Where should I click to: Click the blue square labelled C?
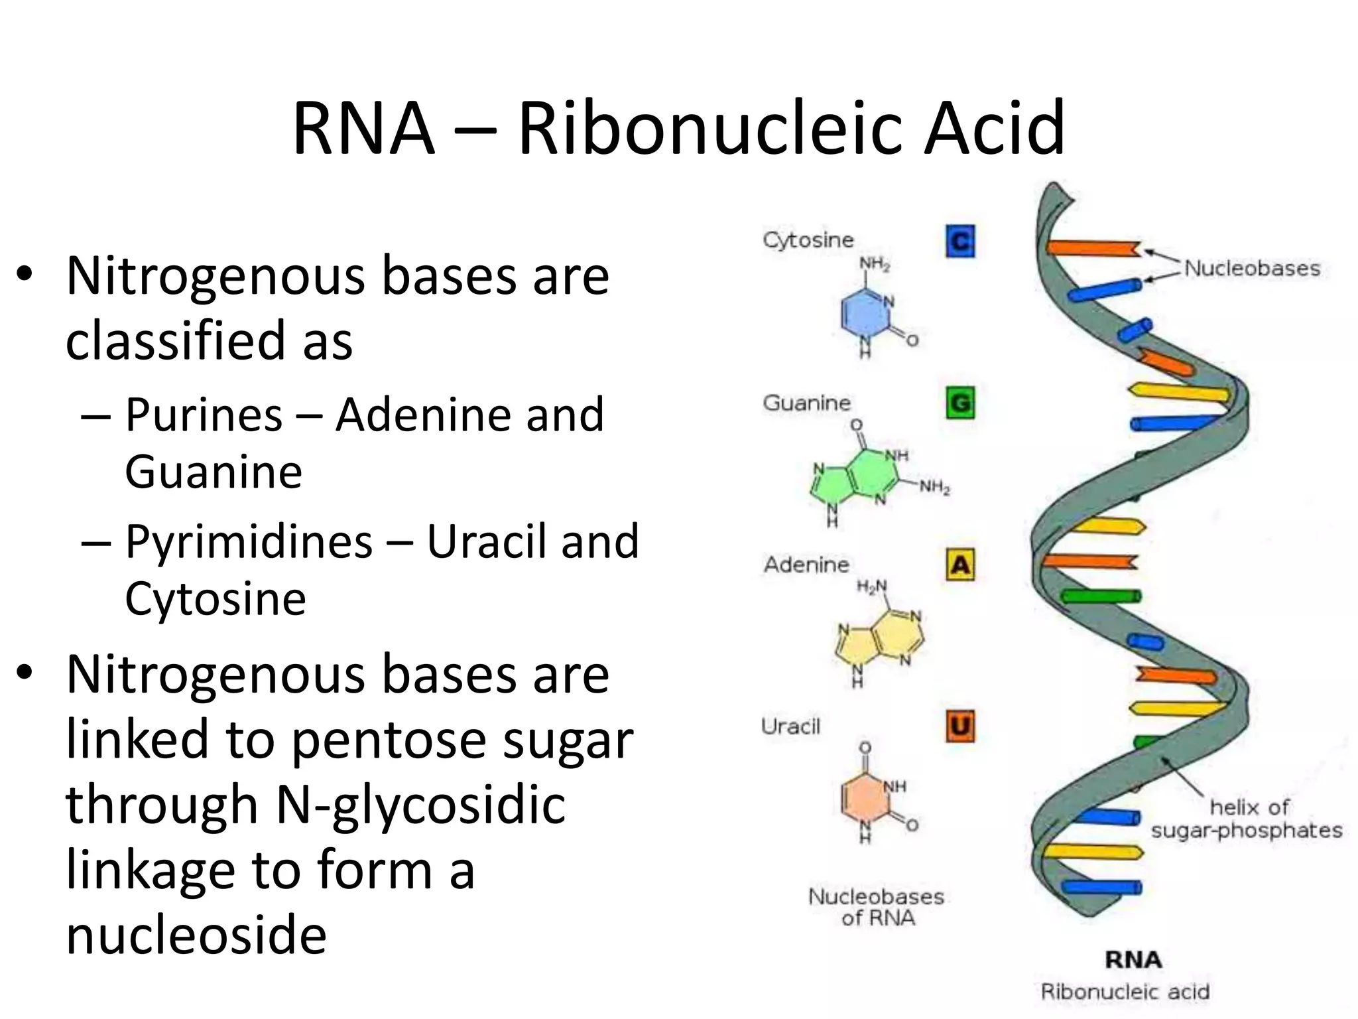tap(960, 241)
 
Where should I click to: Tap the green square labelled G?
tap(960, 403)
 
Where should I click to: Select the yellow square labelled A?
tap(960, 565)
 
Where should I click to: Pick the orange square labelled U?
tap(960, 726)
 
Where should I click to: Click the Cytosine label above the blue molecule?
tap(808, 239)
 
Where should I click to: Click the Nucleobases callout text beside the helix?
tap(1252, 269)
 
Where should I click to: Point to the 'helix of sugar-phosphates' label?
tap(1247, 819)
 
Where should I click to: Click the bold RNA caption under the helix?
tap(1133, 959)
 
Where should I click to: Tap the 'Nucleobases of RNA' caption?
tap(876, 907)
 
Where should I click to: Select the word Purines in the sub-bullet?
tap(204, 415)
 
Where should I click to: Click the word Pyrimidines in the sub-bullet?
tap(249, 541)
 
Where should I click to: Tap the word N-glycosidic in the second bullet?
tap(420, 804)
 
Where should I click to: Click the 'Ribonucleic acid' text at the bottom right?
tap(1125, 992)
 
